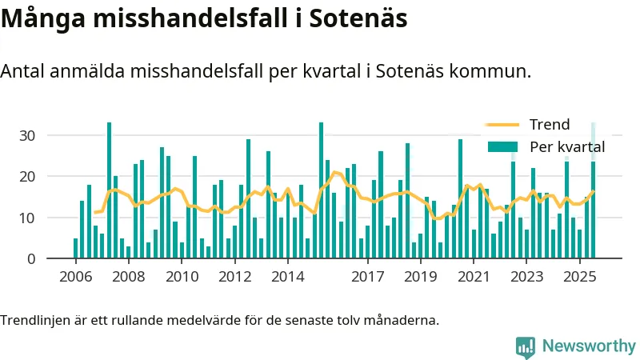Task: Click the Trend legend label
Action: pos(549,125)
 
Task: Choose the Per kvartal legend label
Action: pos(566,146)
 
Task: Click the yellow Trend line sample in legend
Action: pos(502,125)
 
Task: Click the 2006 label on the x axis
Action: pos(76,278)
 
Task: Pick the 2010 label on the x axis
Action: pos(182,278)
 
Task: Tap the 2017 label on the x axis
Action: pos(368,278)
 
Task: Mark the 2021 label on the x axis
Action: pos(474,278)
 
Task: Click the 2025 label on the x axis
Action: pos(580,278)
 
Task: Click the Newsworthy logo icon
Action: pos(526,346)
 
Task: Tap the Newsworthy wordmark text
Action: pos(589,346)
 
